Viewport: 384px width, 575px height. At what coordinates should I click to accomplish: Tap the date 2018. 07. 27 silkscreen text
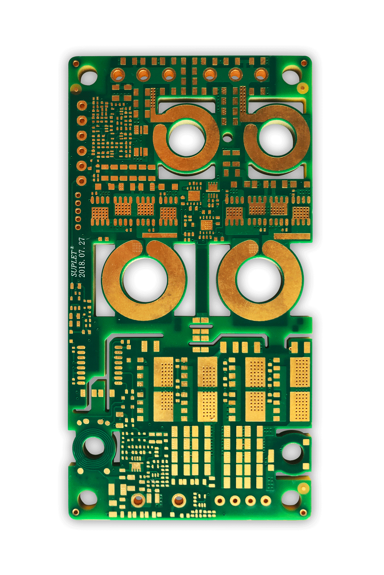pos(82,258)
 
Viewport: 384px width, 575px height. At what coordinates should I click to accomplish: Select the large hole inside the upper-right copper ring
pos(276,138)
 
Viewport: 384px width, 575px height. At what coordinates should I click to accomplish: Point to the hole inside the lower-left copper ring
pos(145,279)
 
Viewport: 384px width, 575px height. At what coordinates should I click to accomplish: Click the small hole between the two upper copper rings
pos(227,138)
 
